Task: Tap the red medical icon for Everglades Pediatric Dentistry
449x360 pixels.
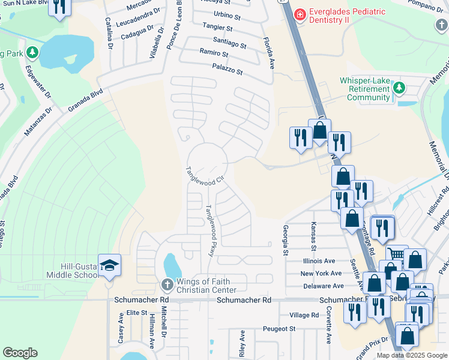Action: point(300,13)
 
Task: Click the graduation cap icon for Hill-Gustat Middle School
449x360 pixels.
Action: point(110,265)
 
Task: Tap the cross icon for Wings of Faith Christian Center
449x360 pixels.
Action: point(167,284)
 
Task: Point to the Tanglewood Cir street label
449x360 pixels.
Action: point(205,176)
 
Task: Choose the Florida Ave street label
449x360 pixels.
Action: point(268,53)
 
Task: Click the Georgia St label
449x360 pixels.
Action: point(285,239)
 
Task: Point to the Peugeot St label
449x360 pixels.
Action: point(280,329)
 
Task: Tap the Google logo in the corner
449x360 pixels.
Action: point(20,353)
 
